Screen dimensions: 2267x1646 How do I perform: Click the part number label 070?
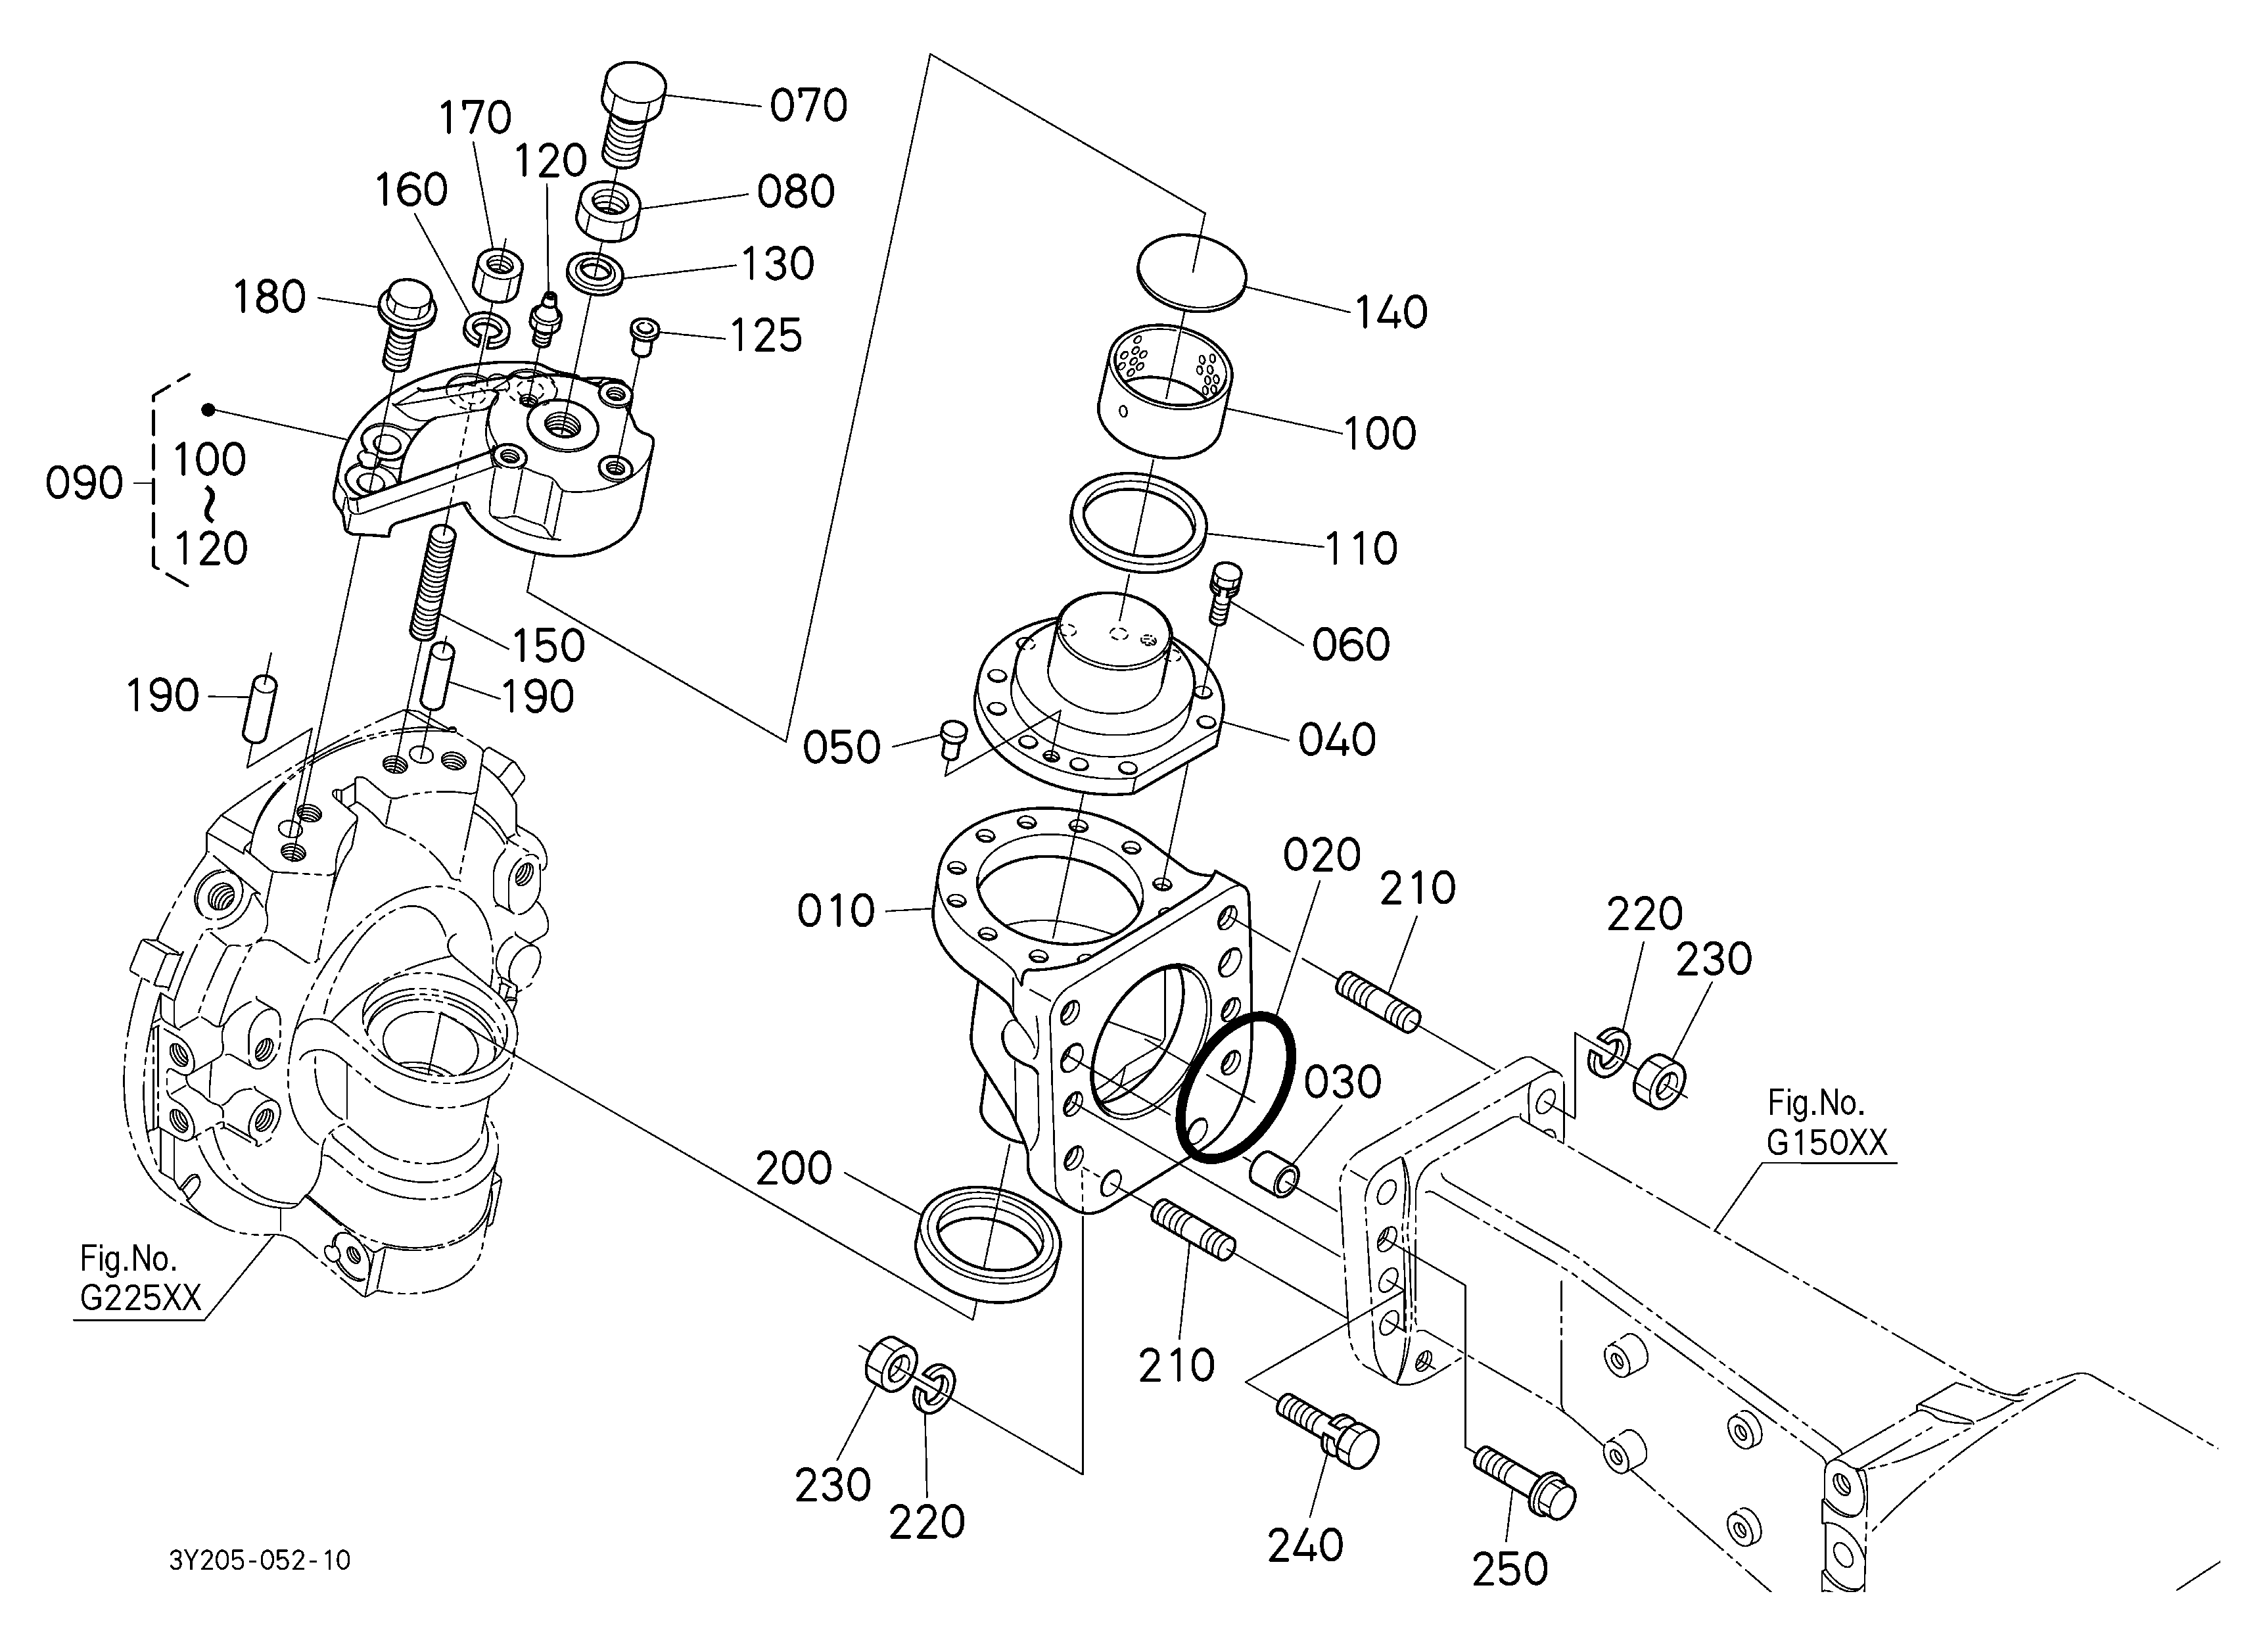click(808, 105)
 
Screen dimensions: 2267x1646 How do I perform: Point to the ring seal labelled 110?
click(1138, 522)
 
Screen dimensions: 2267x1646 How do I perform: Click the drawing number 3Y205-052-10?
click(260, 1560)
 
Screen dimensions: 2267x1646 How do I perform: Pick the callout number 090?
click(84, 484)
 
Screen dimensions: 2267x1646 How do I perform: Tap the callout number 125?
click(766, 337)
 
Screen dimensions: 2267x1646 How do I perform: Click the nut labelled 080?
click(608, 211)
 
